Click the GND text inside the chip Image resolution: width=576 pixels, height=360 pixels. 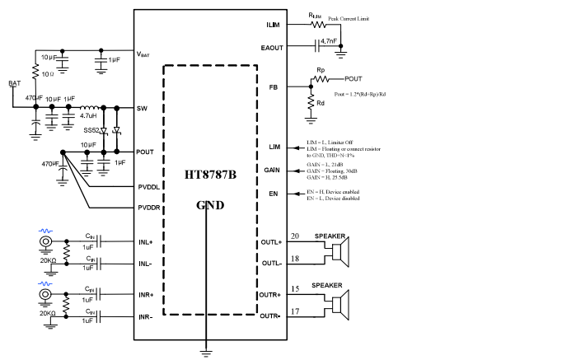[211, 205]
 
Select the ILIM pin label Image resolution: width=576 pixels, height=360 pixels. [274, 26]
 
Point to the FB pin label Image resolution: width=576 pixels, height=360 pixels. [274, 87]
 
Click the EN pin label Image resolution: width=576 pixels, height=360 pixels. [275, 194]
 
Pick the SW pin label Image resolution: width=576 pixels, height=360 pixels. [143, 108]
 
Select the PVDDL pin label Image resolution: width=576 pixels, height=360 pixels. [149, 187]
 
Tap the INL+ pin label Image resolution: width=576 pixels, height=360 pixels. [146, 242]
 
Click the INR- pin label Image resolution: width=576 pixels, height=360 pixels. [146, 317]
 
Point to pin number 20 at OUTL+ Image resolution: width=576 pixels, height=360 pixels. [293, 236]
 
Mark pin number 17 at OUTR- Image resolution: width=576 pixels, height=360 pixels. [293, 311]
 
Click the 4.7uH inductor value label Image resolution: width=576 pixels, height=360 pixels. [88, 117]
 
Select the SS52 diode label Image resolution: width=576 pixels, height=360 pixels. [91, 130]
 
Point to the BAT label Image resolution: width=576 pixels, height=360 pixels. [14, 84]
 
